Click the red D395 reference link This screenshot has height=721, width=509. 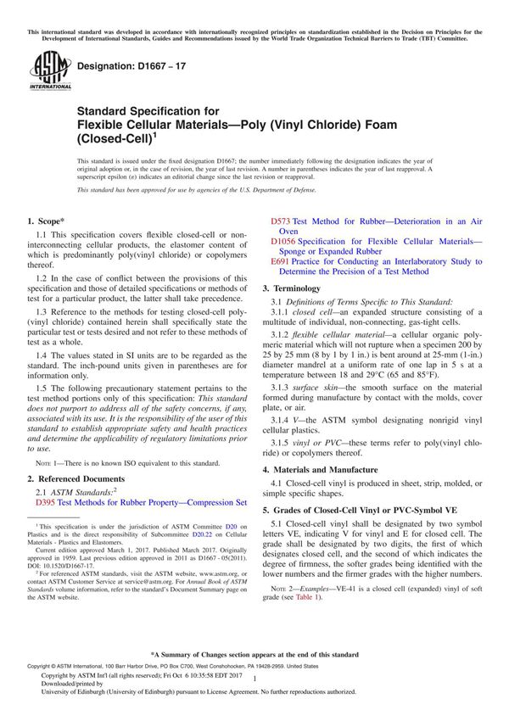(x=47, y=502)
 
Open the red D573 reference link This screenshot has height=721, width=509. (x=281, y=221)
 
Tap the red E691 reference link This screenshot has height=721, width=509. (x=281, y=262)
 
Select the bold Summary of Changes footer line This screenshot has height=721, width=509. (x=255, y=655)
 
